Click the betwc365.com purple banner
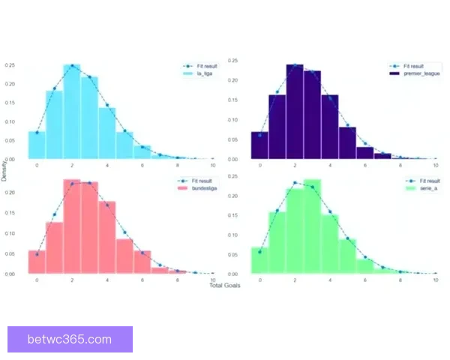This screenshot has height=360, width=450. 71,339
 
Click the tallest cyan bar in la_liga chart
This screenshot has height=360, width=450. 72,112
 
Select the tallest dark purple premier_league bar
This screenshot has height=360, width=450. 295,112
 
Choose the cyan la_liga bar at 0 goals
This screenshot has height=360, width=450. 37,145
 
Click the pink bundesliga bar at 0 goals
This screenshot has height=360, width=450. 37,262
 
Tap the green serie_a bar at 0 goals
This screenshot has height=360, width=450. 259,260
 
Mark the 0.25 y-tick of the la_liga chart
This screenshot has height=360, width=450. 10,65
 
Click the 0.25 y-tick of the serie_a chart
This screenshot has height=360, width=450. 232,176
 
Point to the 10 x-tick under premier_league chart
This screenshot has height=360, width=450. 436,164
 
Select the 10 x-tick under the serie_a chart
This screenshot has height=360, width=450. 436,280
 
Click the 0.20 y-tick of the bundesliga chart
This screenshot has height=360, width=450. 10,193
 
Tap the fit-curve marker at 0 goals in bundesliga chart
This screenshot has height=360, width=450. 37,253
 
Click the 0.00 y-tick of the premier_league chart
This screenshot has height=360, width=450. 232,159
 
